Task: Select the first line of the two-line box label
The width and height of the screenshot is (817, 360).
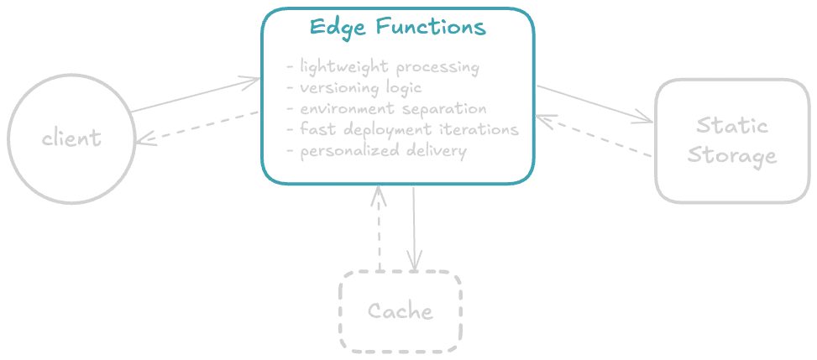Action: coord(728,126)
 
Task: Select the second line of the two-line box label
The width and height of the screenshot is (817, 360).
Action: coord(728,158)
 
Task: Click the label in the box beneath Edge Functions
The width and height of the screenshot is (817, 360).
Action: coord(401,313)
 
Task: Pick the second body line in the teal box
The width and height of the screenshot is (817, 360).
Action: coord(353,86)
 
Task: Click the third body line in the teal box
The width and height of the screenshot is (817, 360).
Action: coord(387,108)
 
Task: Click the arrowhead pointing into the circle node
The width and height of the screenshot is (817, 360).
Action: coord(147,138)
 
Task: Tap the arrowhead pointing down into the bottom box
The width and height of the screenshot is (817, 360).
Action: coord(411,254)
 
